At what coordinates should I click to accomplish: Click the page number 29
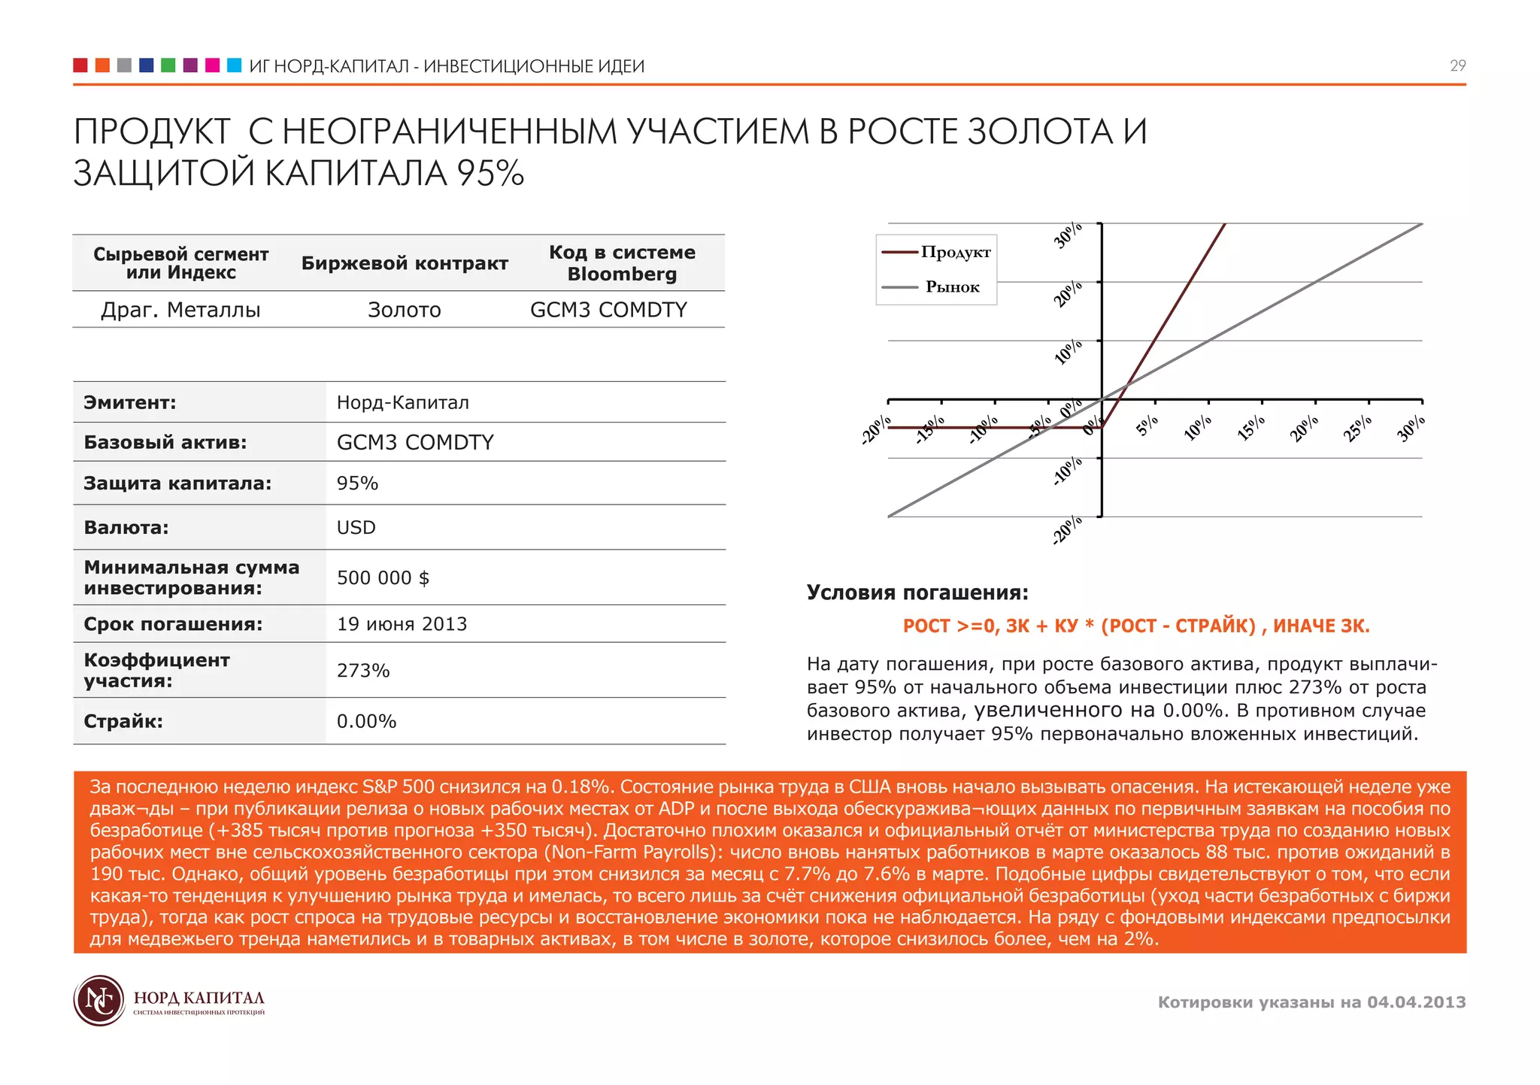(x=1457, y=66)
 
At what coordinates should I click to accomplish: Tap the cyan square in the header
(x=234, y=65)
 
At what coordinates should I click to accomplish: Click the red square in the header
(x=80, y=65)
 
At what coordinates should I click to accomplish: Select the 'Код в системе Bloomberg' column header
(x=622, y=263)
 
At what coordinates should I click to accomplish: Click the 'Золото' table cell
(x=404, y=310)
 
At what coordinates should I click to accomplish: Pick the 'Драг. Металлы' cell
(x=180, y=310)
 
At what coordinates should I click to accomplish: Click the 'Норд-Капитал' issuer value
(x=402, y=403)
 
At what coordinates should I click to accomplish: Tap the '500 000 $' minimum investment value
(x=383, y=578)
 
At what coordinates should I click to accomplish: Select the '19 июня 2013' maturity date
(x=402, y=624)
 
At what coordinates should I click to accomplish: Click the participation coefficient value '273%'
(x=363, y=671)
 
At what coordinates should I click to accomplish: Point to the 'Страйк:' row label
(x=123, y=722)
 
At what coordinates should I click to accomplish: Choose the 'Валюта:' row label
(x=126, y=528)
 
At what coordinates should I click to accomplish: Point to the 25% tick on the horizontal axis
(x=1358, y=429)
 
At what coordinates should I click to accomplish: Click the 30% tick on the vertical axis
(x=1069, y=235)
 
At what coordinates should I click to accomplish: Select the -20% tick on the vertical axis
(x=1068, y=530)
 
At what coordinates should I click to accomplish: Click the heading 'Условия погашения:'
(x=917, y=593)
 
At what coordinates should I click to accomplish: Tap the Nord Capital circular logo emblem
(x=99, y=1001)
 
